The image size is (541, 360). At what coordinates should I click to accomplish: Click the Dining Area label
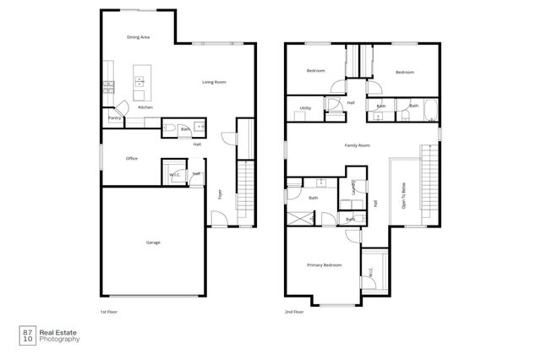pos(138,38)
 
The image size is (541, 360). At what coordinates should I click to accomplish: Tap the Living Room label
pos(214,82)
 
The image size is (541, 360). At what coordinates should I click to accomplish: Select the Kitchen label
pos(145,108)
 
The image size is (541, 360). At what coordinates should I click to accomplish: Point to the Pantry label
pos(113,118)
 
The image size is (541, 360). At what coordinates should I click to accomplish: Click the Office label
pos(131,158)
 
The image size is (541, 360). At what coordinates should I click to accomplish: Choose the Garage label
pos(153,243)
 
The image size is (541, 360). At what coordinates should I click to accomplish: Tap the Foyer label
pos(220,194)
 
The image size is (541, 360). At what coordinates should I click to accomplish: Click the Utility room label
pos(305,109)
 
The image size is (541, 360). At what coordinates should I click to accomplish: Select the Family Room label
pos(358,146)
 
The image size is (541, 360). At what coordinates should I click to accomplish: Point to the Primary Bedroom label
pos(325,265)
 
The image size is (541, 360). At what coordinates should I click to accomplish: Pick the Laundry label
pos(353,188)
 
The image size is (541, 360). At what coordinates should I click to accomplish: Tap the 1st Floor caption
pos(109,312)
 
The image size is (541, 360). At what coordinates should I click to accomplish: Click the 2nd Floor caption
pos(295,312)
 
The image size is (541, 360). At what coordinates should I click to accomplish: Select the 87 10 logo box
pos(27,336)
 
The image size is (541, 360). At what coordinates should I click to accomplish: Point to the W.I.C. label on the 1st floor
pos(175,175)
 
